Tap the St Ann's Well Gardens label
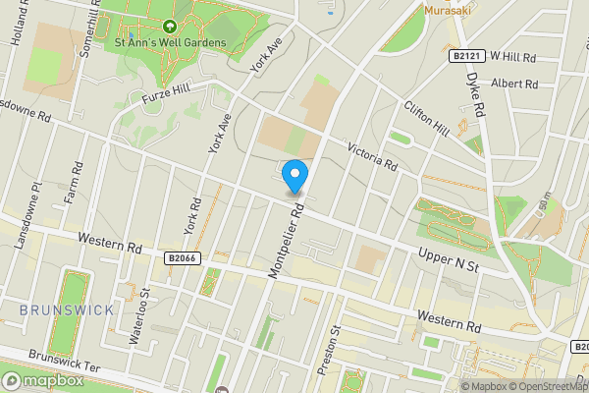click(x=170, y=42)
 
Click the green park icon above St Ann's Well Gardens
click(x=170, y=27)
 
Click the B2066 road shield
click(x=183, y=257)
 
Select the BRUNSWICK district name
click(x=66, y=309)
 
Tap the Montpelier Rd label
click(x=288, y=242)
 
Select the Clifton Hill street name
click(x=426, y=118)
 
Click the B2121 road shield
click(x=468, y=57)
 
